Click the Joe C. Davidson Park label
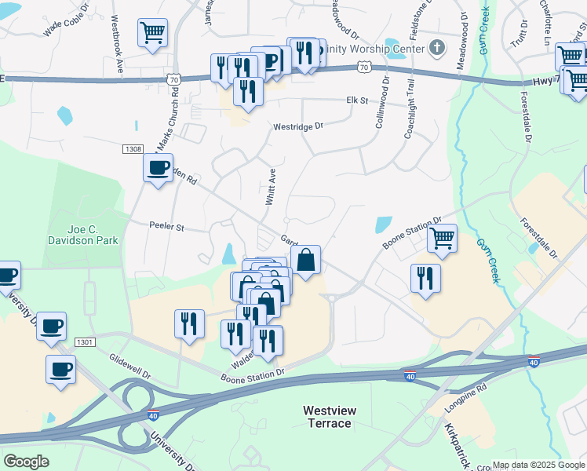click(82, 235)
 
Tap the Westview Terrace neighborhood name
click(327, 417)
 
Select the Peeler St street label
click(166, 227)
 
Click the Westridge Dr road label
click(298, 126)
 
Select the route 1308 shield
click(133, 148)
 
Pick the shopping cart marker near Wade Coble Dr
click(152, 33)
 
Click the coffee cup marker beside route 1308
click(159, 167)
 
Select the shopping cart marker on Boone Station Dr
click(443, 237)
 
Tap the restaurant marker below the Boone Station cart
click(425, 278)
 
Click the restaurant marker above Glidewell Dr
click(189, 323)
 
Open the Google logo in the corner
click(26, 462)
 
